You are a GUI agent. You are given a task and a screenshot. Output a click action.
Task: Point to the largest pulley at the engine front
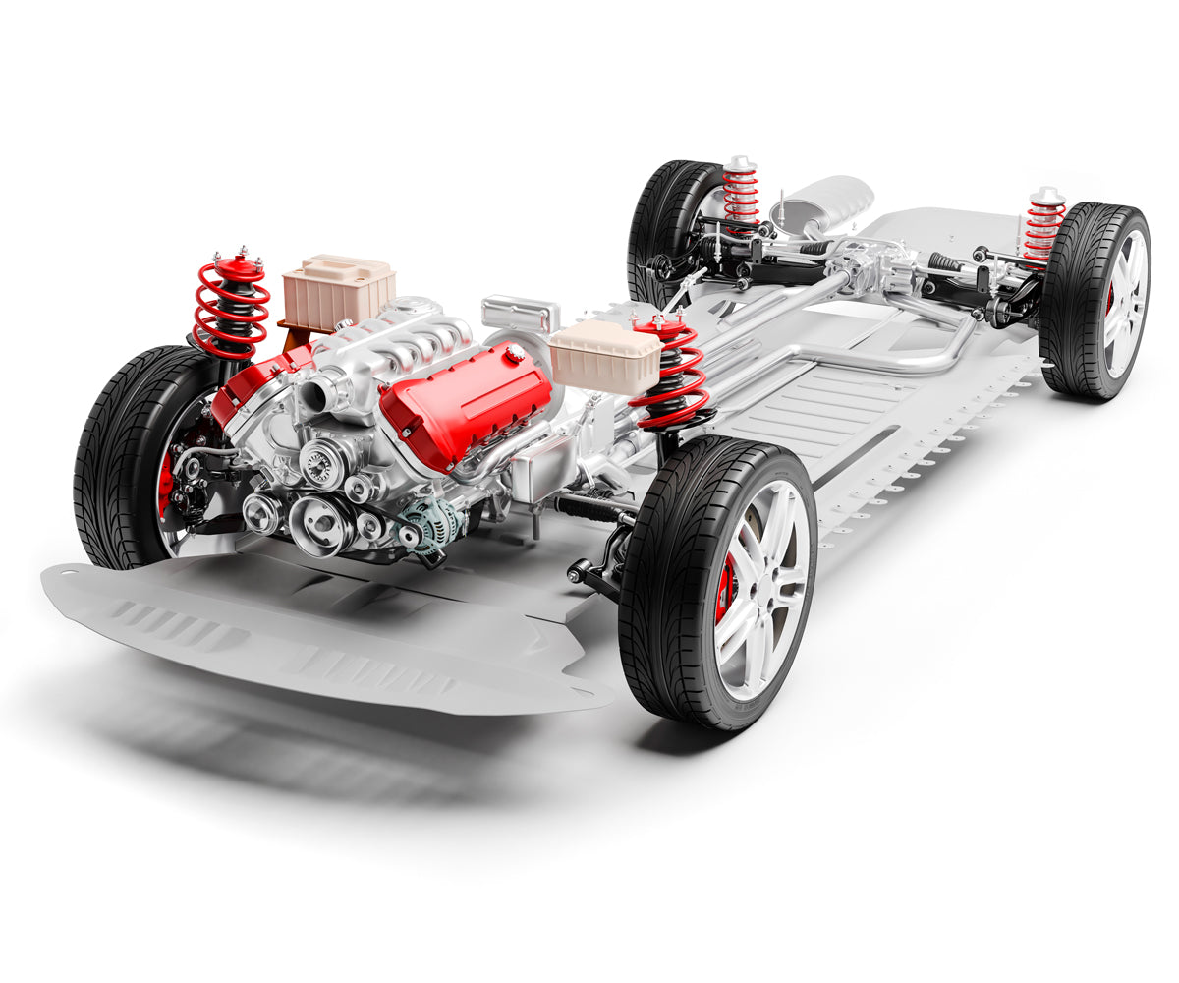tap(319, 522)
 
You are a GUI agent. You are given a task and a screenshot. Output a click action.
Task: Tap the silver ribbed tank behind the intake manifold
tap(521, 314)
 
